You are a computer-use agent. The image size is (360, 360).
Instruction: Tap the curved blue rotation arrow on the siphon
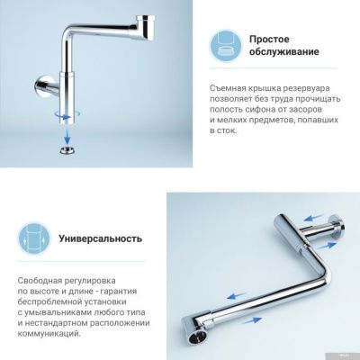62,114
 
